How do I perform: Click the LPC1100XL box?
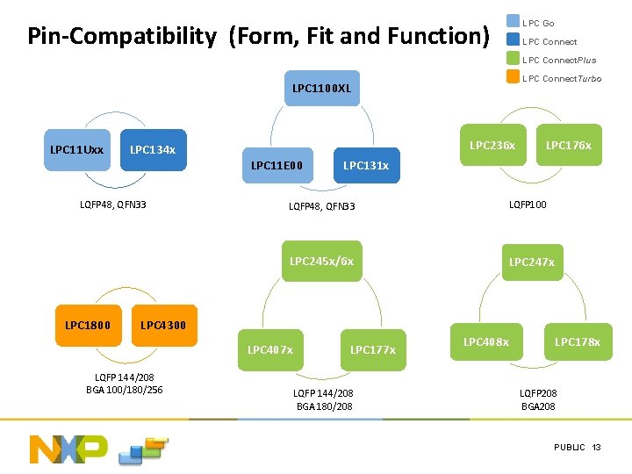[x=321, y=89]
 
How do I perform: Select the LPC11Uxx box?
[x=76, y=149]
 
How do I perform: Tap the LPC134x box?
[x=153, y=149]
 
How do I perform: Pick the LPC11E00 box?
[x=276, y=165]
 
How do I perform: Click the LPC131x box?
[x=365, y=165]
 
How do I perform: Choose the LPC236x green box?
[x=492, y=145]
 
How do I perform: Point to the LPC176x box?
[x=568, y=145]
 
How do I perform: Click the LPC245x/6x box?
[x=321, y=261]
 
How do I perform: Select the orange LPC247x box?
[x=531, y=262]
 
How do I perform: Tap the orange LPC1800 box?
[x=88, y=326]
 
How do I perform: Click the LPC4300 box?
[x=163, y=326]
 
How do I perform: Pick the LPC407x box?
[x=270, y=349]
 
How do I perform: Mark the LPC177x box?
[x=372, y=349]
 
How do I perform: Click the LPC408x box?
[x=485, y=341]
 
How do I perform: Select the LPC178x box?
[x=577, y=341]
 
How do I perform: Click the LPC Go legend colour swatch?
[x=513, y=22]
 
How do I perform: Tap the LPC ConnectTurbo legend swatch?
[x=513, y=77]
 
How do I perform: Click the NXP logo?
[x=68, y=449]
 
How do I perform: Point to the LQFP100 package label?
[x=528, y=205]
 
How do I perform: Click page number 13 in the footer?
[x=596, y=448]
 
